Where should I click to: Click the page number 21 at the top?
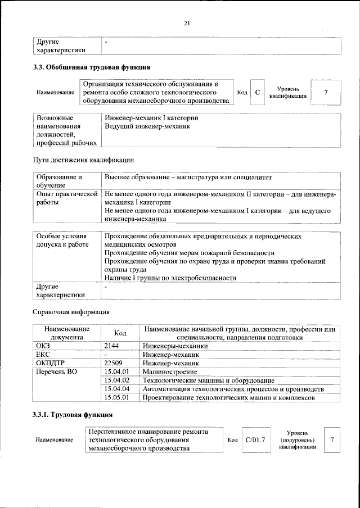coord(187,23)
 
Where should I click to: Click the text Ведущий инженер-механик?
coord(147,126)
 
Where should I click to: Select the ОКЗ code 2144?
coord(114,346)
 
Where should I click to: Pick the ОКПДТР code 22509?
coord(116,363)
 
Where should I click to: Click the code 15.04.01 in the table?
coord(117,371)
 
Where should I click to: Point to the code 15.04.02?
coord(117,380)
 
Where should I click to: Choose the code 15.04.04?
coord(117,389)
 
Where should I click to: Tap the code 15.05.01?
coord(117,397)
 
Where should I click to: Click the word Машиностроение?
coord(169,371)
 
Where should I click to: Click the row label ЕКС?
coord(43,355)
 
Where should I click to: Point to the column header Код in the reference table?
coord(120,333)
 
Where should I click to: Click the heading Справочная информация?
coord(70,311)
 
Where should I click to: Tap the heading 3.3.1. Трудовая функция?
coord(71,415)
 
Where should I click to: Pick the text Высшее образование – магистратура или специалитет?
coord(188,177)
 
